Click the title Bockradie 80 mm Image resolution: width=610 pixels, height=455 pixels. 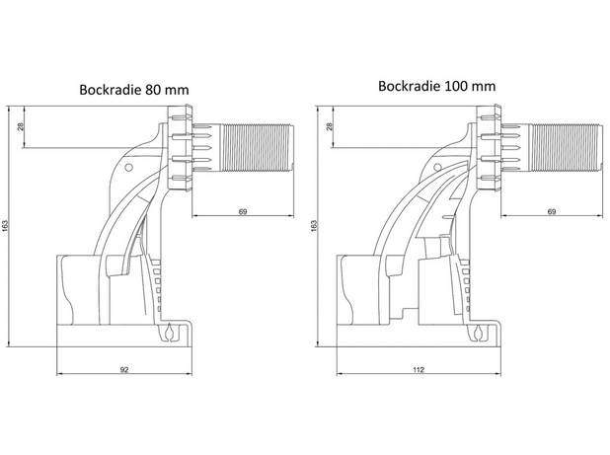134,90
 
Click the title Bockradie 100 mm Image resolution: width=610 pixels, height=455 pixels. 437,86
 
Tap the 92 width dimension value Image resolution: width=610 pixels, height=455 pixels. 124,370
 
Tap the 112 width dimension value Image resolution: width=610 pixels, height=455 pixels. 419,370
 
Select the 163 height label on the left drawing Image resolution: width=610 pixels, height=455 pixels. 5,226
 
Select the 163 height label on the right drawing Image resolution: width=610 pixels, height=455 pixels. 314,226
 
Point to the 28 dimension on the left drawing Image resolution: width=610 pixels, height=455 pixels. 21,126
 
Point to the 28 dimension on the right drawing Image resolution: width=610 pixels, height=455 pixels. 330,126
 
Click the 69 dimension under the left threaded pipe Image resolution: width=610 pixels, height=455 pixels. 243,212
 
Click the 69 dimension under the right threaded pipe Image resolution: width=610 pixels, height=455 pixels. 552,212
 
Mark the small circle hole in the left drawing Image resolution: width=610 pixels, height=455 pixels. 128,168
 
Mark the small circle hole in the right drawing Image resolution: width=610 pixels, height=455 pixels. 437,168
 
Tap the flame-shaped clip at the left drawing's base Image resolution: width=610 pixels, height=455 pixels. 169,333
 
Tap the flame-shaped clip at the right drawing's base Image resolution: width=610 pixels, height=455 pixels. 478,333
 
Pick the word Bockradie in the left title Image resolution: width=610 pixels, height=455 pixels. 111,90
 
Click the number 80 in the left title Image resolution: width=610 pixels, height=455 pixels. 152,90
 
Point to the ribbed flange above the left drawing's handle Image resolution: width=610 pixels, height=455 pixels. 180,148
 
